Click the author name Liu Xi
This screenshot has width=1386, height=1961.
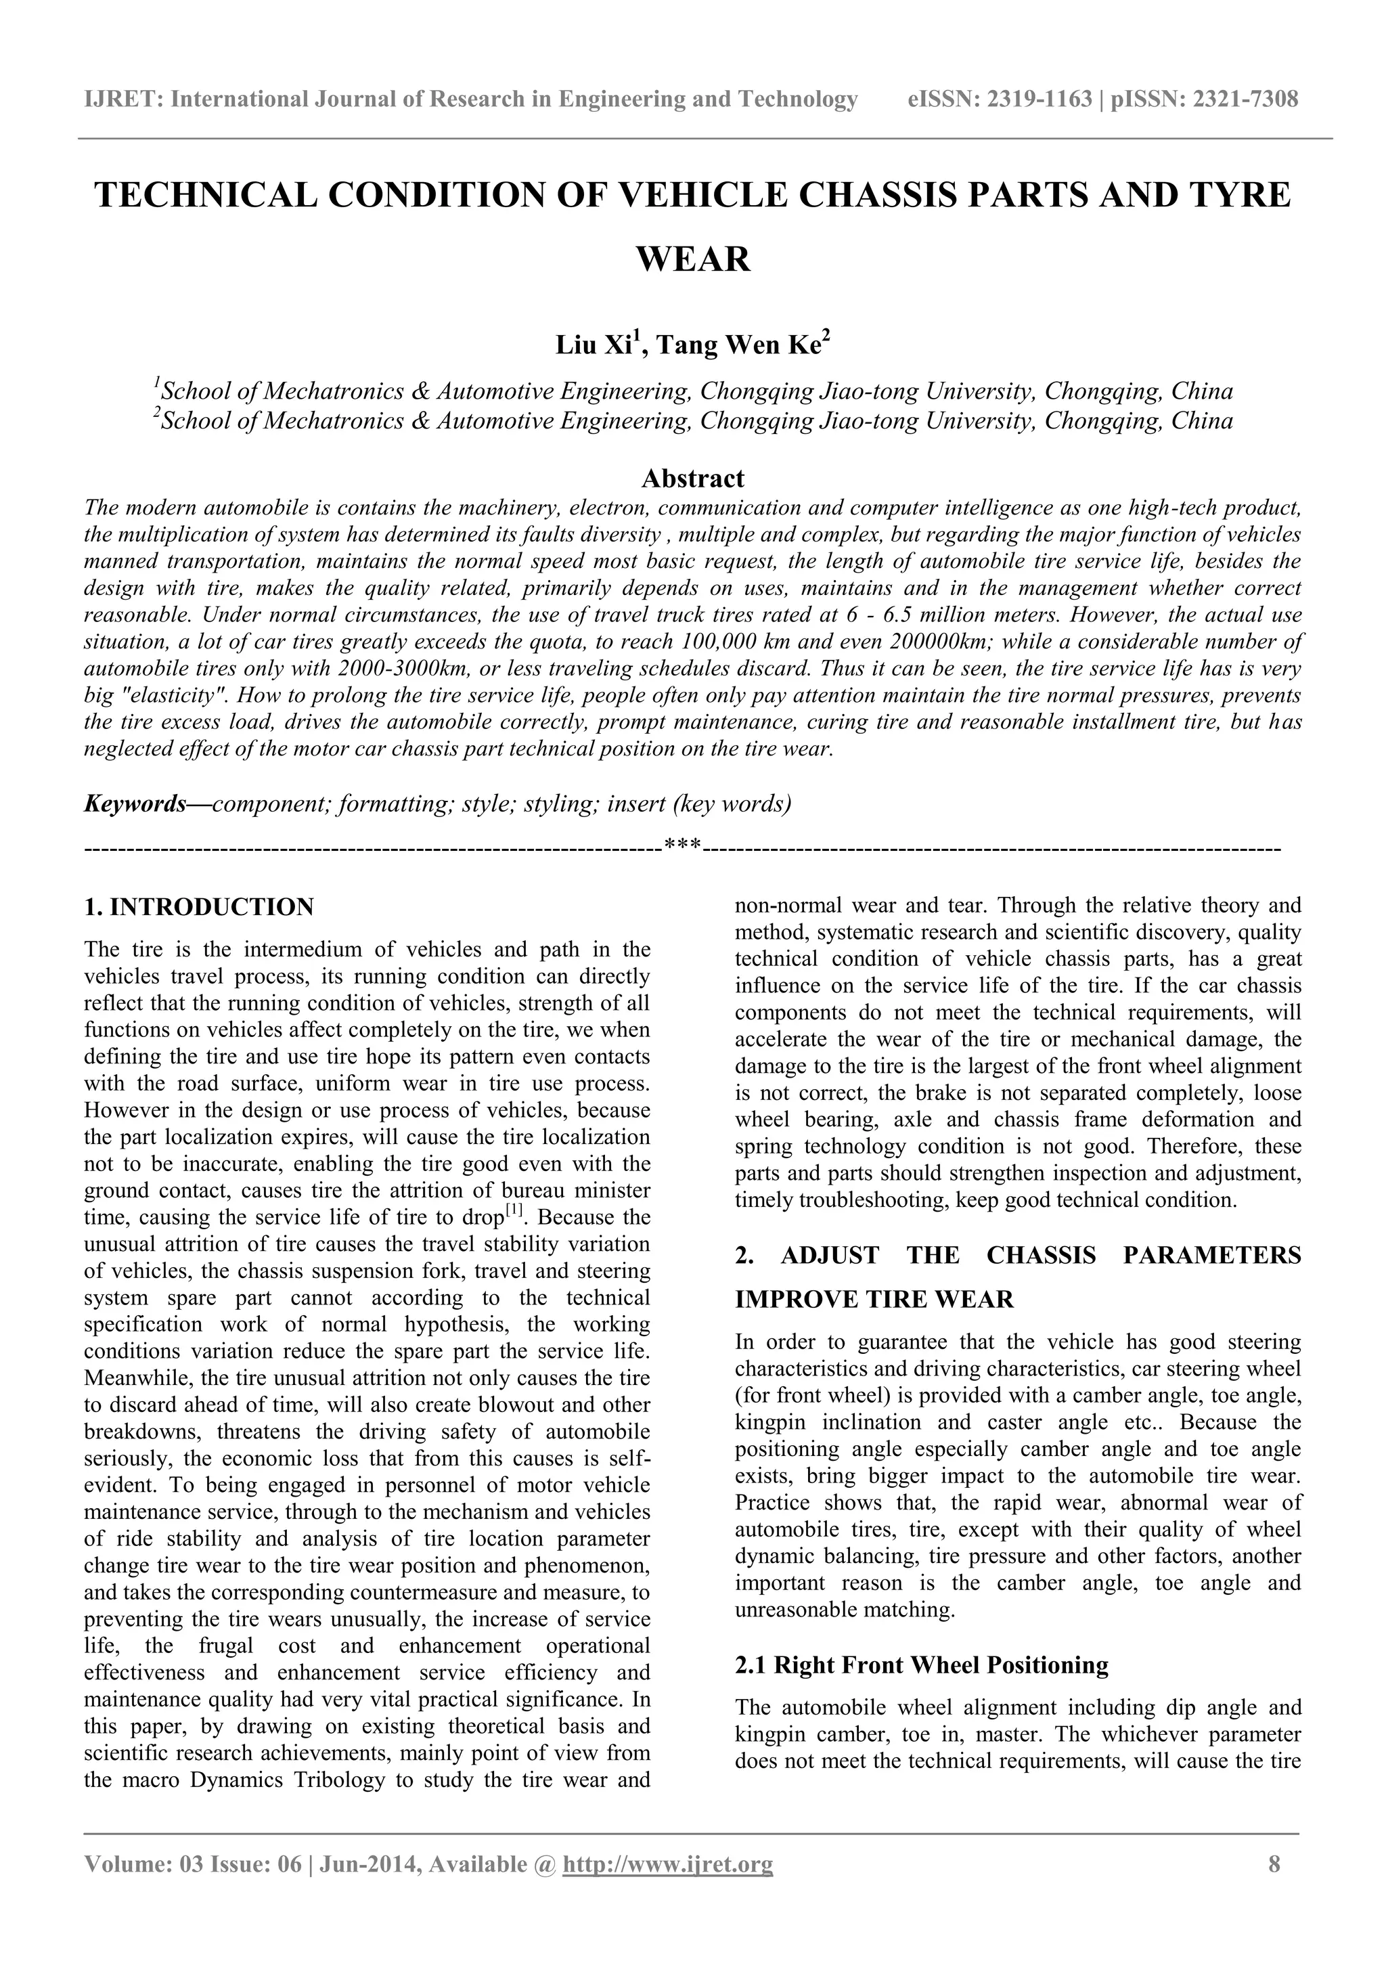(x=594, y=346)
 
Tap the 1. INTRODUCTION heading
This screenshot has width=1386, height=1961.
(x=199, y=907)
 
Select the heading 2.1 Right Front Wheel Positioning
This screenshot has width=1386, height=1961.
(x=922, y=1665)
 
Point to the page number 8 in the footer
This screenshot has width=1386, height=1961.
(x=1274, y=1864)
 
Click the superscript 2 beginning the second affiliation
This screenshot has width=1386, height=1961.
(x=157, y=414)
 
